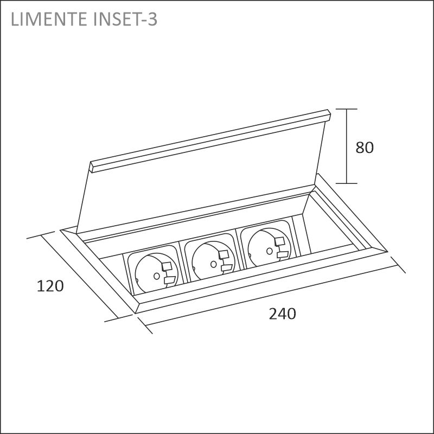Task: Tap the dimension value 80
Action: (365, 147)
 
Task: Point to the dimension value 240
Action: (283, 314)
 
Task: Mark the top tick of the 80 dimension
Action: (346, 110)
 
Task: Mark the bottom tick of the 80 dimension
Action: (346, 183)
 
